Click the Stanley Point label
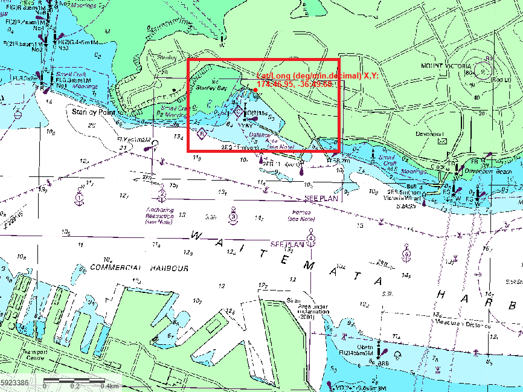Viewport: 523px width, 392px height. (94, 112)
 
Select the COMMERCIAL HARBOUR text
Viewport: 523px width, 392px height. (140, 268)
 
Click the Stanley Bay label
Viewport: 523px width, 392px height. (210, 88)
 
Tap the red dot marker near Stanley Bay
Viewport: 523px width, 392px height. (256, 90)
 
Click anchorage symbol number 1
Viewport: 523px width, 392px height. (79, 196)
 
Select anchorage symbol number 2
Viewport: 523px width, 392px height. (162, 195)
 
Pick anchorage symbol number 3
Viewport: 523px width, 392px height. (233, 216)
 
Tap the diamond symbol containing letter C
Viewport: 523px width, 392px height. (238, 111)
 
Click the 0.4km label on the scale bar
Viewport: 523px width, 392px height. (109, 385)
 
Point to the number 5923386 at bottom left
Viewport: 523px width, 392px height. (15, 384)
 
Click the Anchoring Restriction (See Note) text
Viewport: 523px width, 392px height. (159, 216)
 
